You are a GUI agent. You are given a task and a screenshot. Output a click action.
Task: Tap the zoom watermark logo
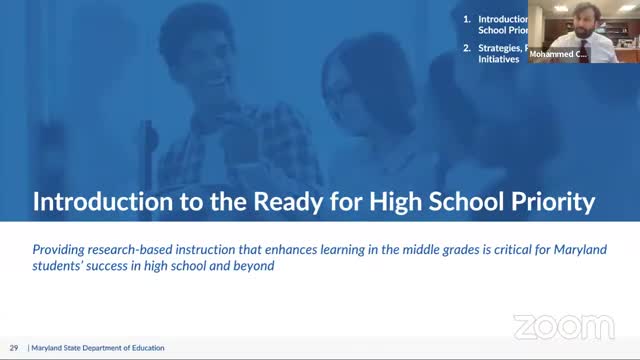click(x=563, y=327)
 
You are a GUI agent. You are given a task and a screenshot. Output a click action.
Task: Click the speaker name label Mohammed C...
click(x=558, y=54)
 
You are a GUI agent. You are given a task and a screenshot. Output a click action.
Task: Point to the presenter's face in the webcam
click(x=565, y=22)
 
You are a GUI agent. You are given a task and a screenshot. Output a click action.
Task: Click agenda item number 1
click(x=467, y=19)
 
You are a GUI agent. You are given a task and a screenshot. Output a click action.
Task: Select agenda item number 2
click(x=467, y=47)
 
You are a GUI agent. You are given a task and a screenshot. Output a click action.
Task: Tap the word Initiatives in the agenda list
click(x=499, y=60)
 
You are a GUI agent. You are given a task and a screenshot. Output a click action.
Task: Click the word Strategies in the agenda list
click(x=501, y=47)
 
